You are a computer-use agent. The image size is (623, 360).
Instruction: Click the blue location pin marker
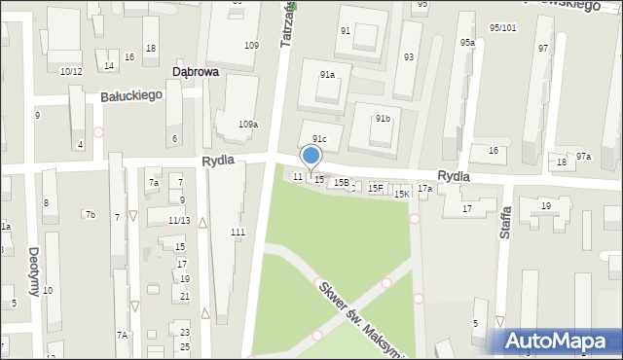(311, 157)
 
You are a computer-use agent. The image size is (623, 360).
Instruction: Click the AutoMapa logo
(560, 342)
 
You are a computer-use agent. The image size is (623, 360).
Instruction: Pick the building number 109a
(248, 125)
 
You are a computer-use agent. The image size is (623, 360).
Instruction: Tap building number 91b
(383, 119)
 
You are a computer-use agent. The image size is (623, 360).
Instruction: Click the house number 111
(238, 232)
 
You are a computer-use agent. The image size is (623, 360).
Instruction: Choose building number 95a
(468, 43)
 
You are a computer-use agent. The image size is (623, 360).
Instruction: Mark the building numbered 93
(409, 56)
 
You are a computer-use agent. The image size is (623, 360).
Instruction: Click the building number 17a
(424, 189)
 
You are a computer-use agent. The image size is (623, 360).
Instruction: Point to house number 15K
(401, 195)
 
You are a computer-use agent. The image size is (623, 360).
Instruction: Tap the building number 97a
(583, 157)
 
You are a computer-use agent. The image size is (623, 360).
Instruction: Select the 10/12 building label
(71, 71)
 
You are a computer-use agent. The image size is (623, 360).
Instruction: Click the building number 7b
(90, 214)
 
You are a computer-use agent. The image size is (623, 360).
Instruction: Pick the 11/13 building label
(179, 221)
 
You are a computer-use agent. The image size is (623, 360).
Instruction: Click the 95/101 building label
(502, 28)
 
